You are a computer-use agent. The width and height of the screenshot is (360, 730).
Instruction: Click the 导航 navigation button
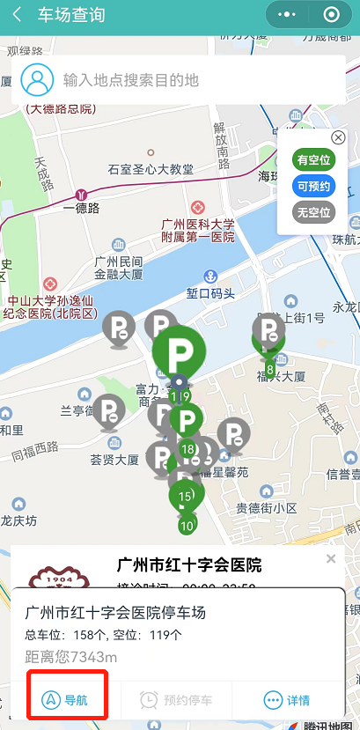point(69,700)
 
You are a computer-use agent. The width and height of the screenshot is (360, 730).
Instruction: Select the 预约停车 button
point(176,700)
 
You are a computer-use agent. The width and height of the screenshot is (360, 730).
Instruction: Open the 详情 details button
point(287,700)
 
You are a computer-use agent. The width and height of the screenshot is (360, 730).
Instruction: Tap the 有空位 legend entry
point(313,161)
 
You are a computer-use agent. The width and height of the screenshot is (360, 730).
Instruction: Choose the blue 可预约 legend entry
point(313,187)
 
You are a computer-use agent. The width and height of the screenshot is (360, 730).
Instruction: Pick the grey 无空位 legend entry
point(313,212)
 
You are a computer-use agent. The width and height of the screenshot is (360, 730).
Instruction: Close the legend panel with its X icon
point(337,138)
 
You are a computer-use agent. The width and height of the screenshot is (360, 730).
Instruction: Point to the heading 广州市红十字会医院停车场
point(115,612)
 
